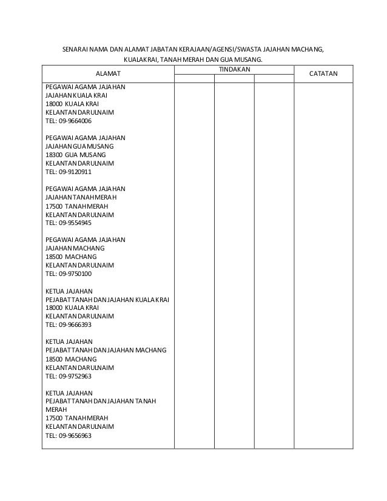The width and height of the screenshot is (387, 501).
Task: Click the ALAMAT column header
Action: pos(108,75)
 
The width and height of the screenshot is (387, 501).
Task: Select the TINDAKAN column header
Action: pos(234,70)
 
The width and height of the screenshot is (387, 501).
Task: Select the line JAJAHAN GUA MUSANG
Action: pos(79,146)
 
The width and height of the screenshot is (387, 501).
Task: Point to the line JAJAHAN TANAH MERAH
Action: pos(81,197)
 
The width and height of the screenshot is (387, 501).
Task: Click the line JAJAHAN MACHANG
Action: pos(75,248)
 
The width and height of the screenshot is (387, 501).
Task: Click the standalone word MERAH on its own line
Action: pos(56,409)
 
